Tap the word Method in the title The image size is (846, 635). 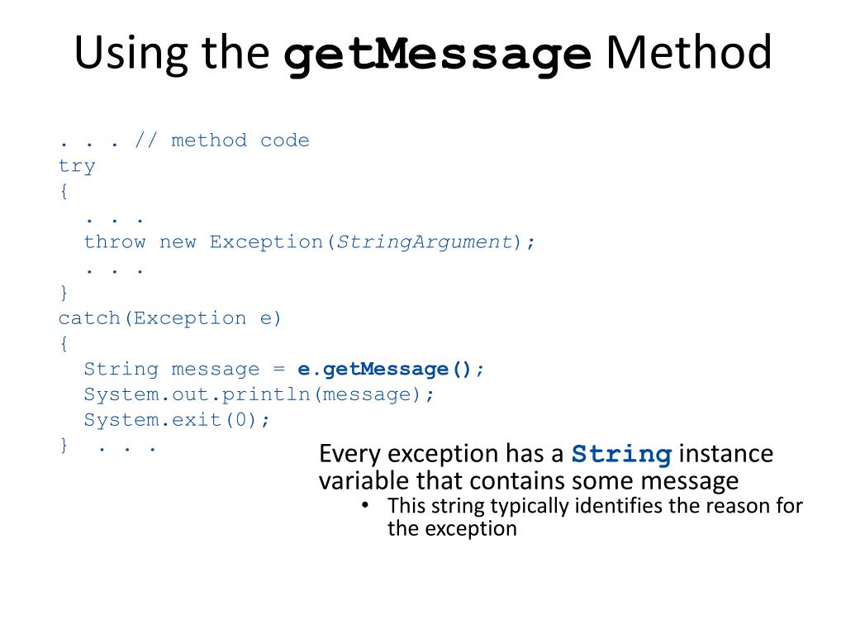[x=688, y=55]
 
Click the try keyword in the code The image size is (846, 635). [x=77, y=166]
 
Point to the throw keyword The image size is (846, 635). [x=115, y=242]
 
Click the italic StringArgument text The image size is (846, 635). [x=425, y=242]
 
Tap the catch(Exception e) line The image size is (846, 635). [x=170, y=318]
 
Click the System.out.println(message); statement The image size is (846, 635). [x=259, y=394]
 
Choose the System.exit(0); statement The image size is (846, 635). [x=177, y=420]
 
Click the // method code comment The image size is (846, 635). [x=221, y=141]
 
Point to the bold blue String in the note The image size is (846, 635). [x=621, y=455]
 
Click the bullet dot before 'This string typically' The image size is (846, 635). [x=365, y=505]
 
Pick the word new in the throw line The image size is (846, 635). [x=178, y=242]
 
